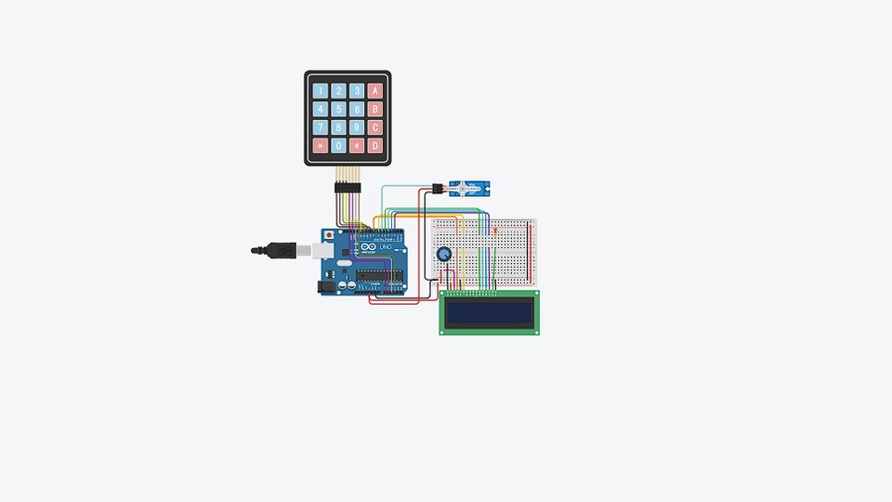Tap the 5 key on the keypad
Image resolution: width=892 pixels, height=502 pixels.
pyautogui.click(x=339, y=109)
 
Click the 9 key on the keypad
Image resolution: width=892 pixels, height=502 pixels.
pyautogui.click(x=357, y=127)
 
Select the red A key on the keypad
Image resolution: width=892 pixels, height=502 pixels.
pyautogui.click(x=375, y=91)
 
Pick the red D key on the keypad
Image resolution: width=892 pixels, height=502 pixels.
pyautogui.click(x=375, y=146)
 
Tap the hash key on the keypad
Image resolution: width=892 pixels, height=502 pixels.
pyautogui.click(x=357, y=146)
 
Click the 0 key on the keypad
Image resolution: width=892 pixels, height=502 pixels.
pyautogui.click(x=339, y=146)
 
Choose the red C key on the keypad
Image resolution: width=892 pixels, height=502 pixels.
pyautogui.click(x=375, y=127)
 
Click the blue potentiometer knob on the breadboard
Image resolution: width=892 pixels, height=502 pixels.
pyautogui.click(x=444, y=254)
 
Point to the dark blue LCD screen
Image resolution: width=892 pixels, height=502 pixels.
pyautogui.click(x=489, y=312)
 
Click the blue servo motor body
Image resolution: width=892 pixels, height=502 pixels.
pyautogui.click(x=469, y=189)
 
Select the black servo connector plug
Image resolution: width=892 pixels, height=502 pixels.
pyautogui.click(x=433, y=189)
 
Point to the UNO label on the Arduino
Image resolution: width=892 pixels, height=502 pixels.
pyautogui.click(x=384, y=248)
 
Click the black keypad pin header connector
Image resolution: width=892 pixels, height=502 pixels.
pyautogui.click(x=348, y=189)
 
